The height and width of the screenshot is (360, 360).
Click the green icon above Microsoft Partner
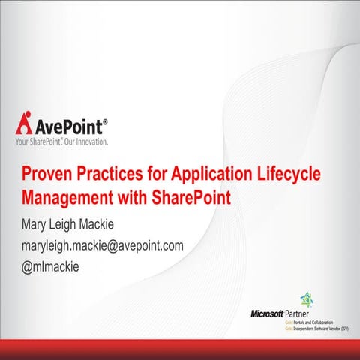pos(307,298)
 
